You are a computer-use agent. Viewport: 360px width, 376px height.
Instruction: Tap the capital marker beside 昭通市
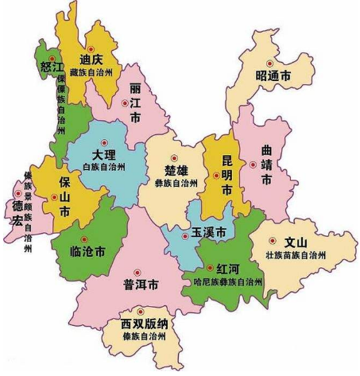pos(268,63)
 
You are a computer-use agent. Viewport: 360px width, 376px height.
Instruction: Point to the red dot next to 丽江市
pos(124,103)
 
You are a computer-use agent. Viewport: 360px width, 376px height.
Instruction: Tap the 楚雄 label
pos(175,169)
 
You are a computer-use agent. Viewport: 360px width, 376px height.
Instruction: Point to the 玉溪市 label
pos(208,233)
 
